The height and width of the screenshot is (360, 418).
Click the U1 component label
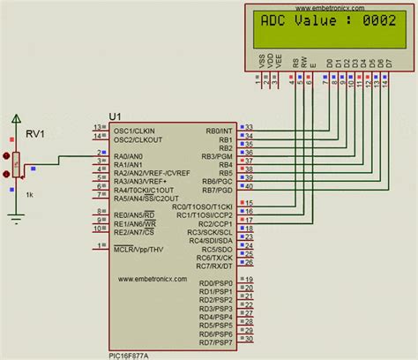[115, 116]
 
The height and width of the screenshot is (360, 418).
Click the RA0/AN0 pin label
[131, 154]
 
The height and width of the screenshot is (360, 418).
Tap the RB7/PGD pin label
[217, 187]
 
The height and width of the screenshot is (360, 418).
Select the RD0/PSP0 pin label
[215, 283]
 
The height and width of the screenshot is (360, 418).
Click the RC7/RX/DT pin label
[213, 265]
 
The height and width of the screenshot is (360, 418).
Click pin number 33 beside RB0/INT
[250, 128]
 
